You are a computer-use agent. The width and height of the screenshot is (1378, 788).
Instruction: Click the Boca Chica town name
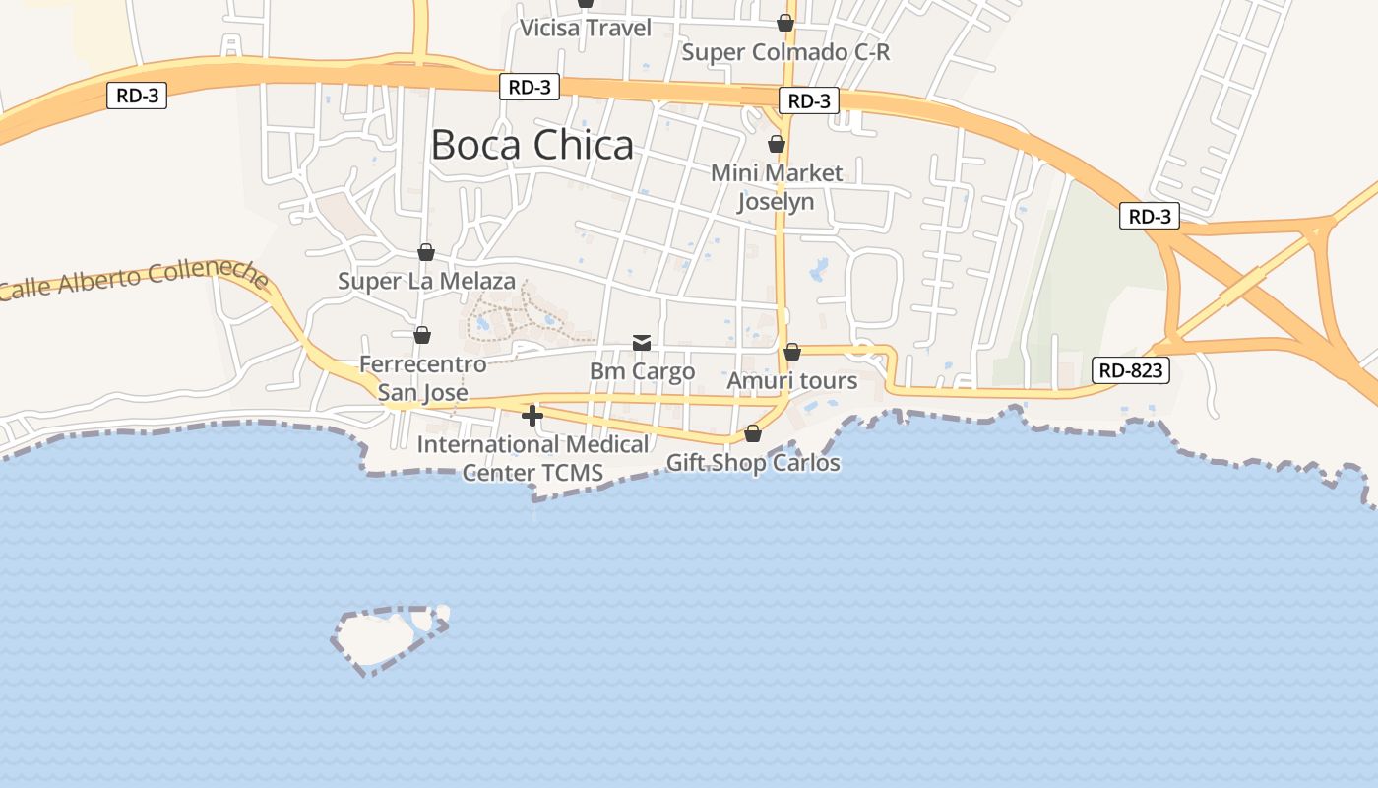tap(532, 146)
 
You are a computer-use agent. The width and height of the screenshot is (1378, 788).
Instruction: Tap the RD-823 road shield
tap(1131, 370)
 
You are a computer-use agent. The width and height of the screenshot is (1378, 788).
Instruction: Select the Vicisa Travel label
tap(586, 28)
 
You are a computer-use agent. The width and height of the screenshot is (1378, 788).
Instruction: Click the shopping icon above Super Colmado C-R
tap(785, 23)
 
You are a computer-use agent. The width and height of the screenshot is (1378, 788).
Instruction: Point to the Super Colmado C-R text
tap(785, 52)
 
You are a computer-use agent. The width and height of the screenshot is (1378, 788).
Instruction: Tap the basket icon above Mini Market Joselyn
tap(777, 144)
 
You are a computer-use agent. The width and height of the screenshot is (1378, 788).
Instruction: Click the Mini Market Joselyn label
tap(777, 187)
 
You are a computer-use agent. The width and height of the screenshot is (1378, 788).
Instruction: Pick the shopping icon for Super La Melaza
tap(426, 252)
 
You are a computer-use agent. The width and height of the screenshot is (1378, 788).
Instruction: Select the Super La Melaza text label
tap(426, 281)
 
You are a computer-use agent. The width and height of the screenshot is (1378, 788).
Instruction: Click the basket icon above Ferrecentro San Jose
tap(422, 335)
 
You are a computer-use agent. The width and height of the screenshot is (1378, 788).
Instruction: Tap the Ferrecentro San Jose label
tap(422, 378)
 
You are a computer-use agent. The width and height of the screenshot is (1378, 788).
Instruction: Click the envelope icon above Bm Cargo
tap(642, 343)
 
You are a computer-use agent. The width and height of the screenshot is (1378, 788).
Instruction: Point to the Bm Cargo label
tap(642, 371)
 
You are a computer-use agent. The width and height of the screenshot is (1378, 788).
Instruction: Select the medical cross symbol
tap(532, 416)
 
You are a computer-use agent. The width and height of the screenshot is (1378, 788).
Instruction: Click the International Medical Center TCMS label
tap(532, 458)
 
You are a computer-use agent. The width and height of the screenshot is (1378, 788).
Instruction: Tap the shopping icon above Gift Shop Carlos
tap(753, 433)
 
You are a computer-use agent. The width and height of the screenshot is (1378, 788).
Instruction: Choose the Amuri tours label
tap(791, 381)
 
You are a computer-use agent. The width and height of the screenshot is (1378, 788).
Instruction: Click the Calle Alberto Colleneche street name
tap(135, 280)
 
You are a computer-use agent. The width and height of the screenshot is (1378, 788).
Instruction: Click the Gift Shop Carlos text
tap(753, 463)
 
